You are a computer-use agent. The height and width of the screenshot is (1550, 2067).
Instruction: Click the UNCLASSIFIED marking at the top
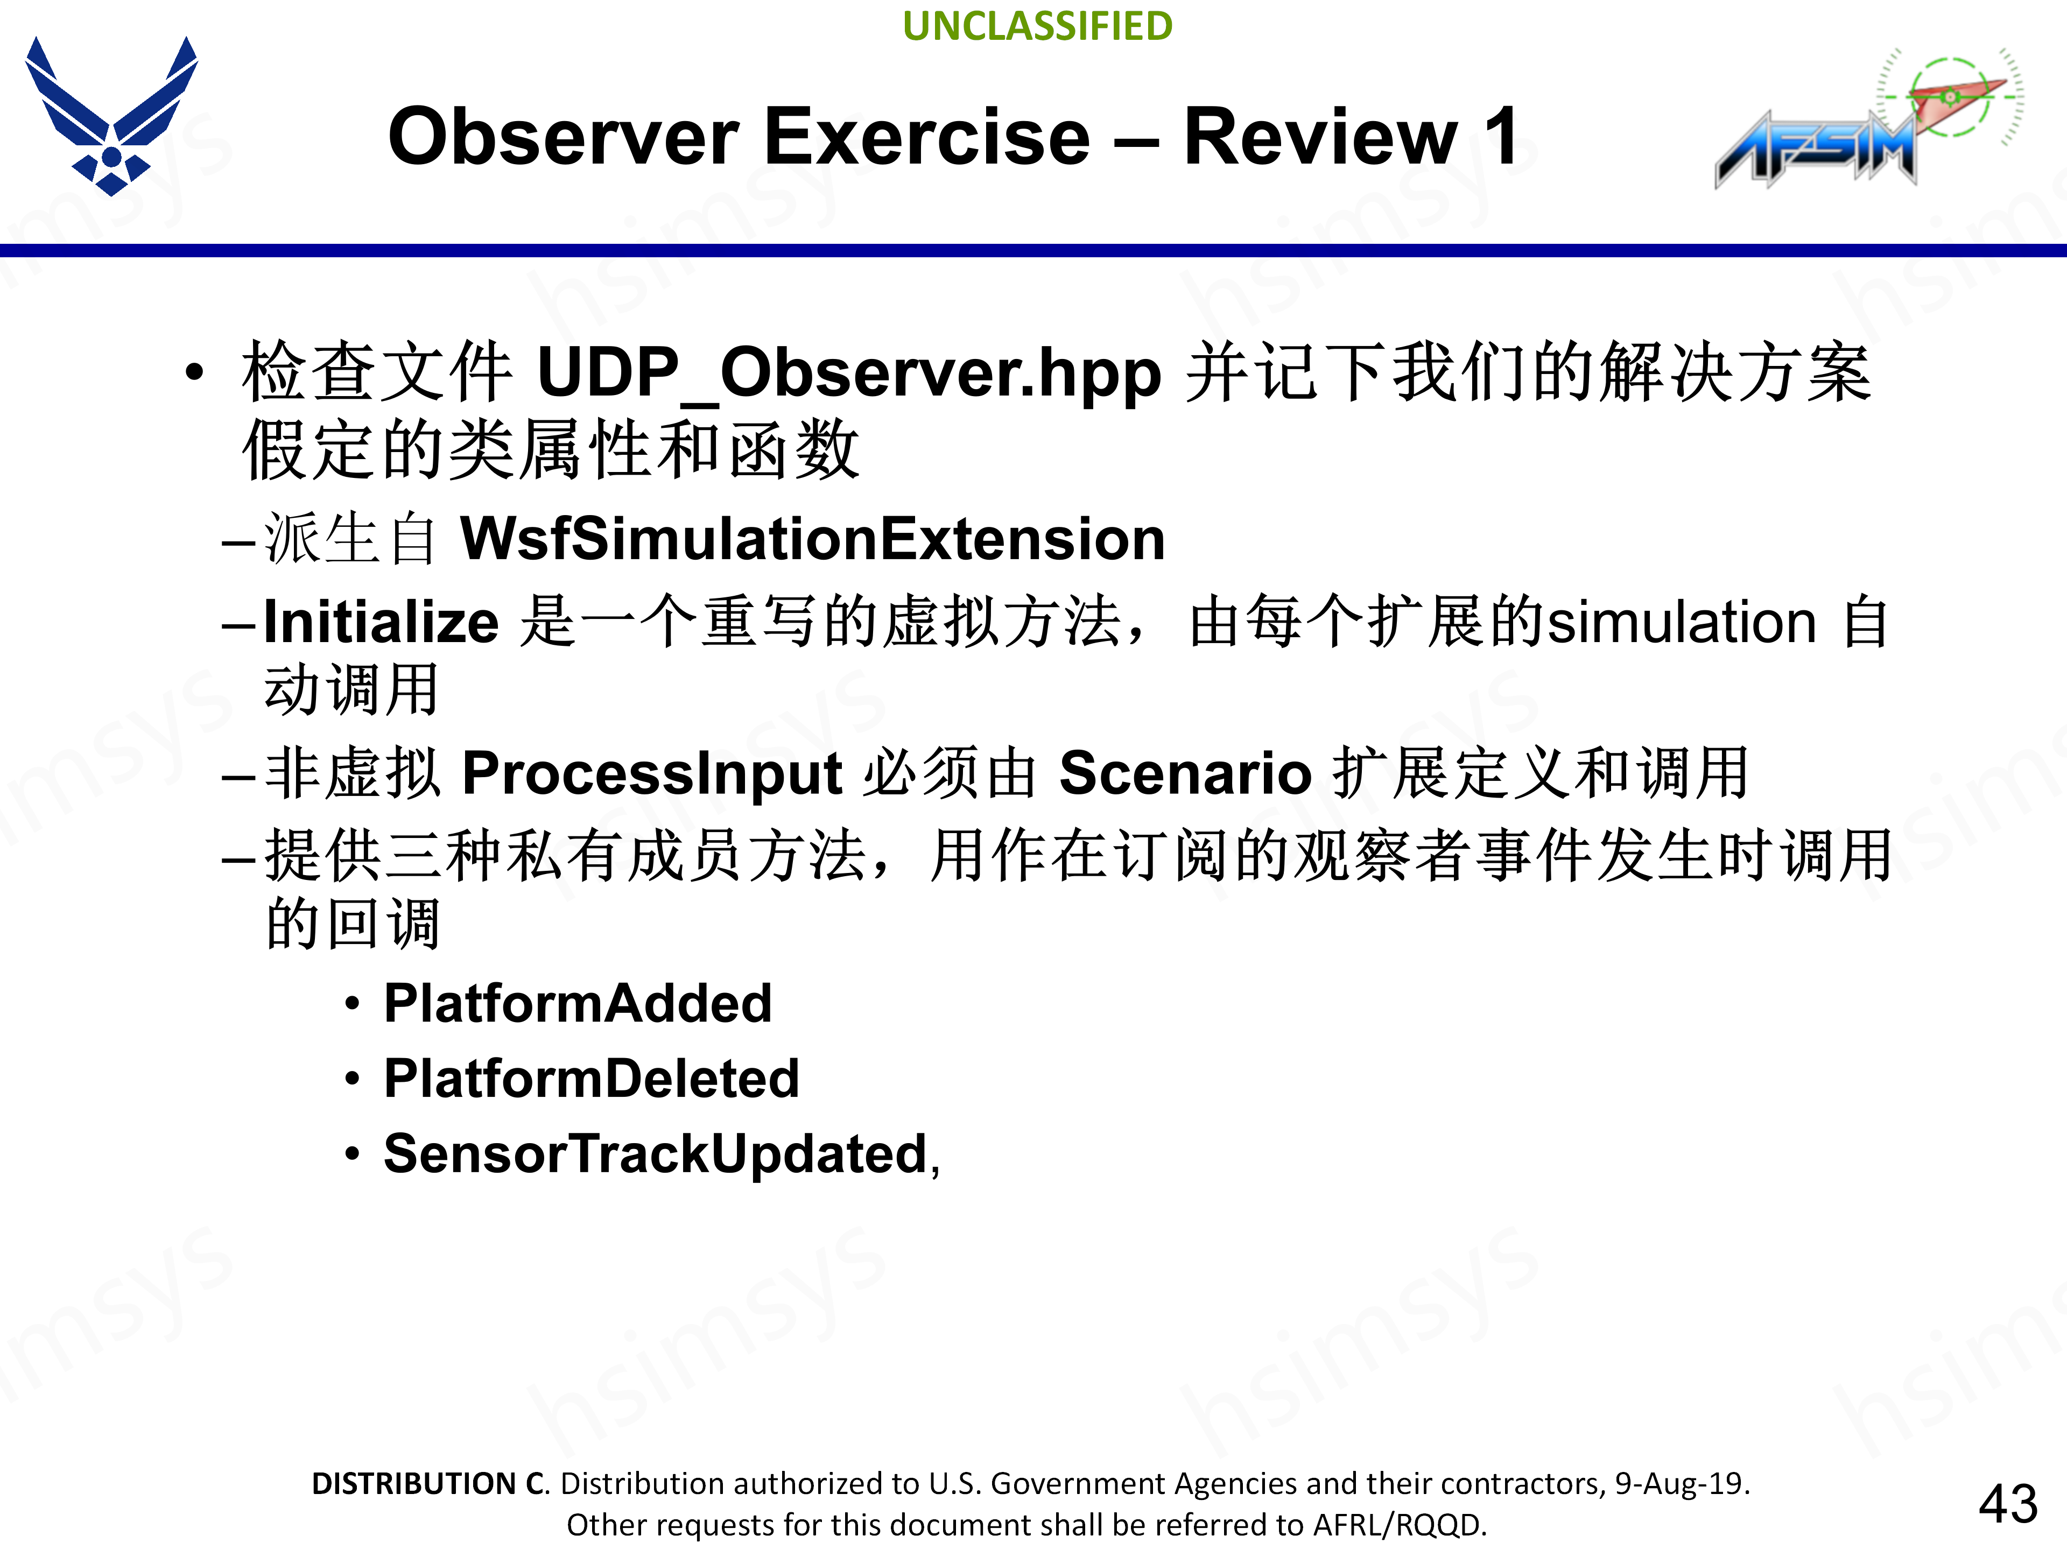click(1037, 26)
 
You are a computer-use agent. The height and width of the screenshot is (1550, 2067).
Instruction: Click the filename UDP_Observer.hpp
click(849, 374)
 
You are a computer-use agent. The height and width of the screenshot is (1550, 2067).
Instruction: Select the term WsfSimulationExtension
click(813, 539)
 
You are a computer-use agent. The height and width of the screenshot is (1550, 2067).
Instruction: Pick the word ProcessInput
click(652, 773)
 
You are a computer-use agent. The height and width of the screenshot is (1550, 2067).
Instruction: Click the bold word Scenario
click(1186, 773)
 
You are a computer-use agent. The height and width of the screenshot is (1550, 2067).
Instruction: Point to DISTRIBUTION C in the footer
click(430, 1484)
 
